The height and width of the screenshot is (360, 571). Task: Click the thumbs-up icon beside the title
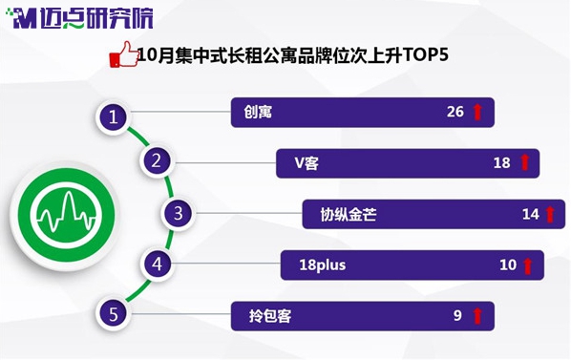124,54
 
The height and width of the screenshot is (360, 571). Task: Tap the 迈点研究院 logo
79,18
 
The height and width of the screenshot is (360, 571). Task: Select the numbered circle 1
114,117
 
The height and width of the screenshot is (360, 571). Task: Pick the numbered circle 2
157,160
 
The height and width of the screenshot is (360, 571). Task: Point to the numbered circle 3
178,213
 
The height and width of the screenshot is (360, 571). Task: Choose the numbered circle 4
157,264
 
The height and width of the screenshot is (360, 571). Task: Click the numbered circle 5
114,314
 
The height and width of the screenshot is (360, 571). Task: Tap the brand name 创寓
258,112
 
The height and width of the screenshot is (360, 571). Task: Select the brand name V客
307,163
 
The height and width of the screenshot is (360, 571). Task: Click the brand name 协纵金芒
349,215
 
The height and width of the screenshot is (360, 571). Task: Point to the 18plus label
323,265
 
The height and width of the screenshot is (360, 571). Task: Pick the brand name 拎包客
270,315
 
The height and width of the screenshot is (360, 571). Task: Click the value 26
455,112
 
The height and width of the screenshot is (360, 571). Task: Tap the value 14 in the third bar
531,214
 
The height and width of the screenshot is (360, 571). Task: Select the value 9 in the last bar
457,315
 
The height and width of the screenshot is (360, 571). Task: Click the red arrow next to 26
477,112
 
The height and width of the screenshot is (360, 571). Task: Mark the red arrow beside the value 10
527,265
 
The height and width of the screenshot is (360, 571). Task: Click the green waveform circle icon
66,216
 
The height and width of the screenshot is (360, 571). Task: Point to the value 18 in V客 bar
502,162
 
